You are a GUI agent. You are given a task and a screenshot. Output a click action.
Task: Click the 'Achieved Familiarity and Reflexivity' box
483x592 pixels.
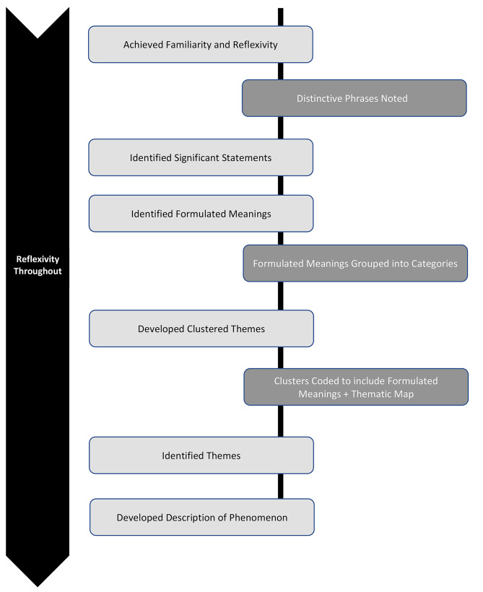tap(201, 44)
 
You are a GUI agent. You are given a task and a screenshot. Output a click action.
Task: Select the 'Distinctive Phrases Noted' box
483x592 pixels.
tap(354, 98)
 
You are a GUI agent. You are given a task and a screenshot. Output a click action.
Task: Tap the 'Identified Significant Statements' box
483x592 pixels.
tap(201, 157)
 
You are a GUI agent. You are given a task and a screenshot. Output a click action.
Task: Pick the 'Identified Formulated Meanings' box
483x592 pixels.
tap(201, 213)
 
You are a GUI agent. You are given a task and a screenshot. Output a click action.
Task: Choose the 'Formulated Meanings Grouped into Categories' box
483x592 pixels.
tap(355, 264)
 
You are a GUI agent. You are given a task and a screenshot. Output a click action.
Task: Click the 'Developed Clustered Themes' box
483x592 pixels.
tap(201, 328)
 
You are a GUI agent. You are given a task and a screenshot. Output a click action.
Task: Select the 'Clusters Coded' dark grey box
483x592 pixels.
tap(356, 387)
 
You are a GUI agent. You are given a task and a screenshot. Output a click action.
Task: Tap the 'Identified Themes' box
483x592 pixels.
tap(201, 456)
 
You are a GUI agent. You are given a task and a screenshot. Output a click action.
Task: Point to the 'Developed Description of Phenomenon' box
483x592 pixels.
tap(202, 517)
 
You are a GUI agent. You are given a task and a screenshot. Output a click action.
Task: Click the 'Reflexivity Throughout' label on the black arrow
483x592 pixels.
tap(38, 265)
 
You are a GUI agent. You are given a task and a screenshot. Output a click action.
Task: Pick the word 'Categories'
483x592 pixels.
tap(435, 264)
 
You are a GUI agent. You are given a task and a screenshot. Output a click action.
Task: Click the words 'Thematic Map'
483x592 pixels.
tap(383, 394)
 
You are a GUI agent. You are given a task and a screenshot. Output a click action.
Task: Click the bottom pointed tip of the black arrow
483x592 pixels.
tap(38, 586)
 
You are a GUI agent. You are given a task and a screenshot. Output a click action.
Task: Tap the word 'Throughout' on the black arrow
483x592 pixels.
tap(38, 271)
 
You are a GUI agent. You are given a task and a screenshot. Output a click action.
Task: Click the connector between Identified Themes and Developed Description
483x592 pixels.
tap(281, 487)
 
